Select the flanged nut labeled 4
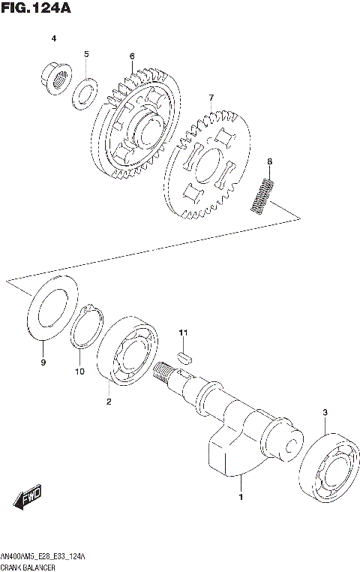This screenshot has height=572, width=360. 55,76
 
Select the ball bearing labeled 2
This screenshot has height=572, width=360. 124,353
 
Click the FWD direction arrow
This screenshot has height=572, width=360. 28,496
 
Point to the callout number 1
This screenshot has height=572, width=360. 241,497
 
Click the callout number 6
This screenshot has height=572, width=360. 131,56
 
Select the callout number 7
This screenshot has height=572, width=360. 211,98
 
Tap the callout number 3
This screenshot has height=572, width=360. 325,412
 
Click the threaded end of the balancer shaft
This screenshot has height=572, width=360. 163,370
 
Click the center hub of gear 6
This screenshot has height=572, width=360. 142,127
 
